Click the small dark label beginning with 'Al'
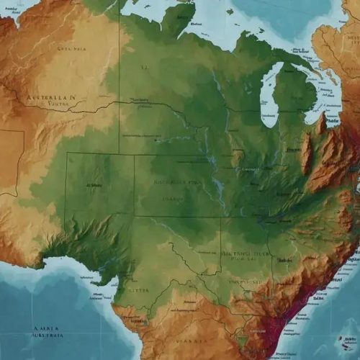(94, 184)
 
